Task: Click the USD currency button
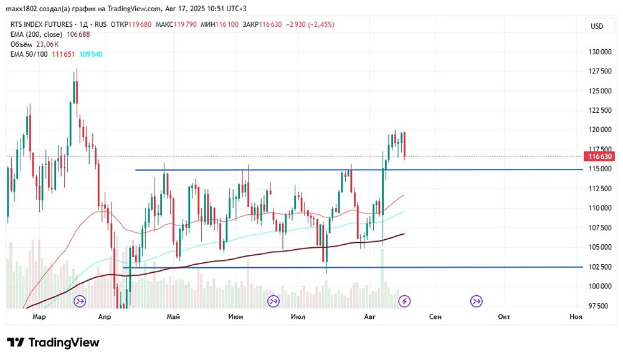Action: [597, 26]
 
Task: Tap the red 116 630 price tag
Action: [599, 156]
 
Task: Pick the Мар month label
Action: [39, 316]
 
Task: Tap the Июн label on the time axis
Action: [235, 316]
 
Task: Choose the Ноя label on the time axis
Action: [576, 316]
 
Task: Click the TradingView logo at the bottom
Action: [53, 343]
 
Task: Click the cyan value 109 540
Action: [91, 54]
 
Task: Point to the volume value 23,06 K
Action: [47, 44]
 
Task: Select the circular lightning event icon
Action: [404, 301]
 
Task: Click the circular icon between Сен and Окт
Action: [476, 301]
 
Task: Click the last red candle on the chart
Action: [404, 144]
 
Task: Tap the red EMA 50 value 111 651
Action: [63, 54]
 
